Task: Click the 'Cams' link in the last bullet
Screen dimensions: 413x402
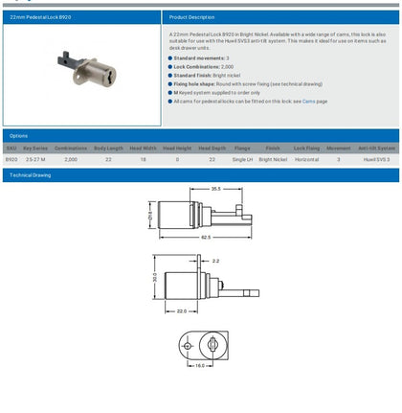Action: click(309, 100)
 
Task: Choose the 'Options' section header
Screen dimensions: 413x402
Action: click(18, 136)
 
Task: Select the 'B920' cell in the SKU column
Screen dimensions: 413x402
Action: click(11, 160)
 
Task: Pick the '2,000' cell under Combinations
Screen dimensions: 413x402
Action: click(71, 160)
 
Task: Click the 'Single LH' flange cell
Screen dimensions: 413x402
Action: click(242, 160)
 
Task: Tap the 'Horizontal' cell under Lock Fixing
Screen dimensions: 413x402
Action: click(306, 160)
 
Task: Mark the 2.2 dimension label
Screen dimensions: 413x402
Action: click(215, 261)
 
